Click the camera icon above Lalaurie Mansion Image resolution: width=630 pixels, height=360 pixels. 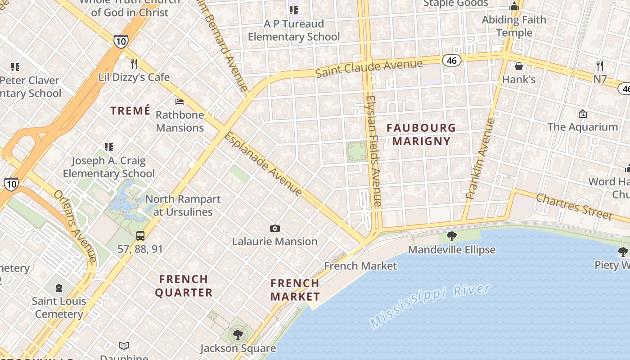[x=274, y=229]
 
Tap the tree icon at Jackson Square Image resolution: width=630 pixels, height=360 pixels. [x=238, y=334]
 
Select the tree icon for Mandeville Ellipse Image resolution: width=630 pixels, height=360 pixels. [x=451, y=236]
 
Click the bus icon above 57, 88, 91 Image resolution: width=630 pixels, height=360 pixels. [x=140, y=235]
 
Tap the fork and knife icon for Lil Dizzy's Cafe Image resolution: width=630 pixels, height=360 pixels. [x=134, y=63]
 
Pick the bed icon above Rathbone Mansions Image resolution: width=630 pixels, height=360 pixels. [x=180, y=101]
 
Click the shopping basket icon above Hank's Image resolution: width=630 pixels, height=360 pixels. [x=518, y=66]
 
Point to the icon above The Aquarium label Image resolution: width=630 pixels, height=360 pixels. [x=583, y=114]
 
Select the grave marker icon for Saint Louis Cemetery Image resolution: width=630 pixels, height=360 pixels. [x=59, y=288]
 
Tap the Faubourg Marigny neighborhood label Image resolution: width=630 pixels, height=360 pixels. [x=421, y=134]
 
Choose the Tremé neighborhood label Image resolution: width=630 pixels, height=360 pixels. [x=130, y=111]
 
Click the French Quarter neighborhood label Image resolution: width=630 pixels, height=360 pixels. [x=184, y=286]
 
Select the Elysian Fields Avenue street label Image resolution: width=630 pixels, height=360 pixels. [x=373, y=151]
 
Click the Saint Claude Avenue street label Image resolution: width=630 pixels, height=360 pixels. [x=369, y=68]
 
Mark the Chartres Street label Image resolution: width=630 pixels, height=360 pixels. [x=574, y=206]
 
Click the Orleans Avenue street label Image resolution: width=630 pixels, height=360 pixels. [x=75, y=225]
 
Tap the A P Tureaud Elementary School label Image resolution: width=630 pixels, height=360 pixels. [x=294, y=30]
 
